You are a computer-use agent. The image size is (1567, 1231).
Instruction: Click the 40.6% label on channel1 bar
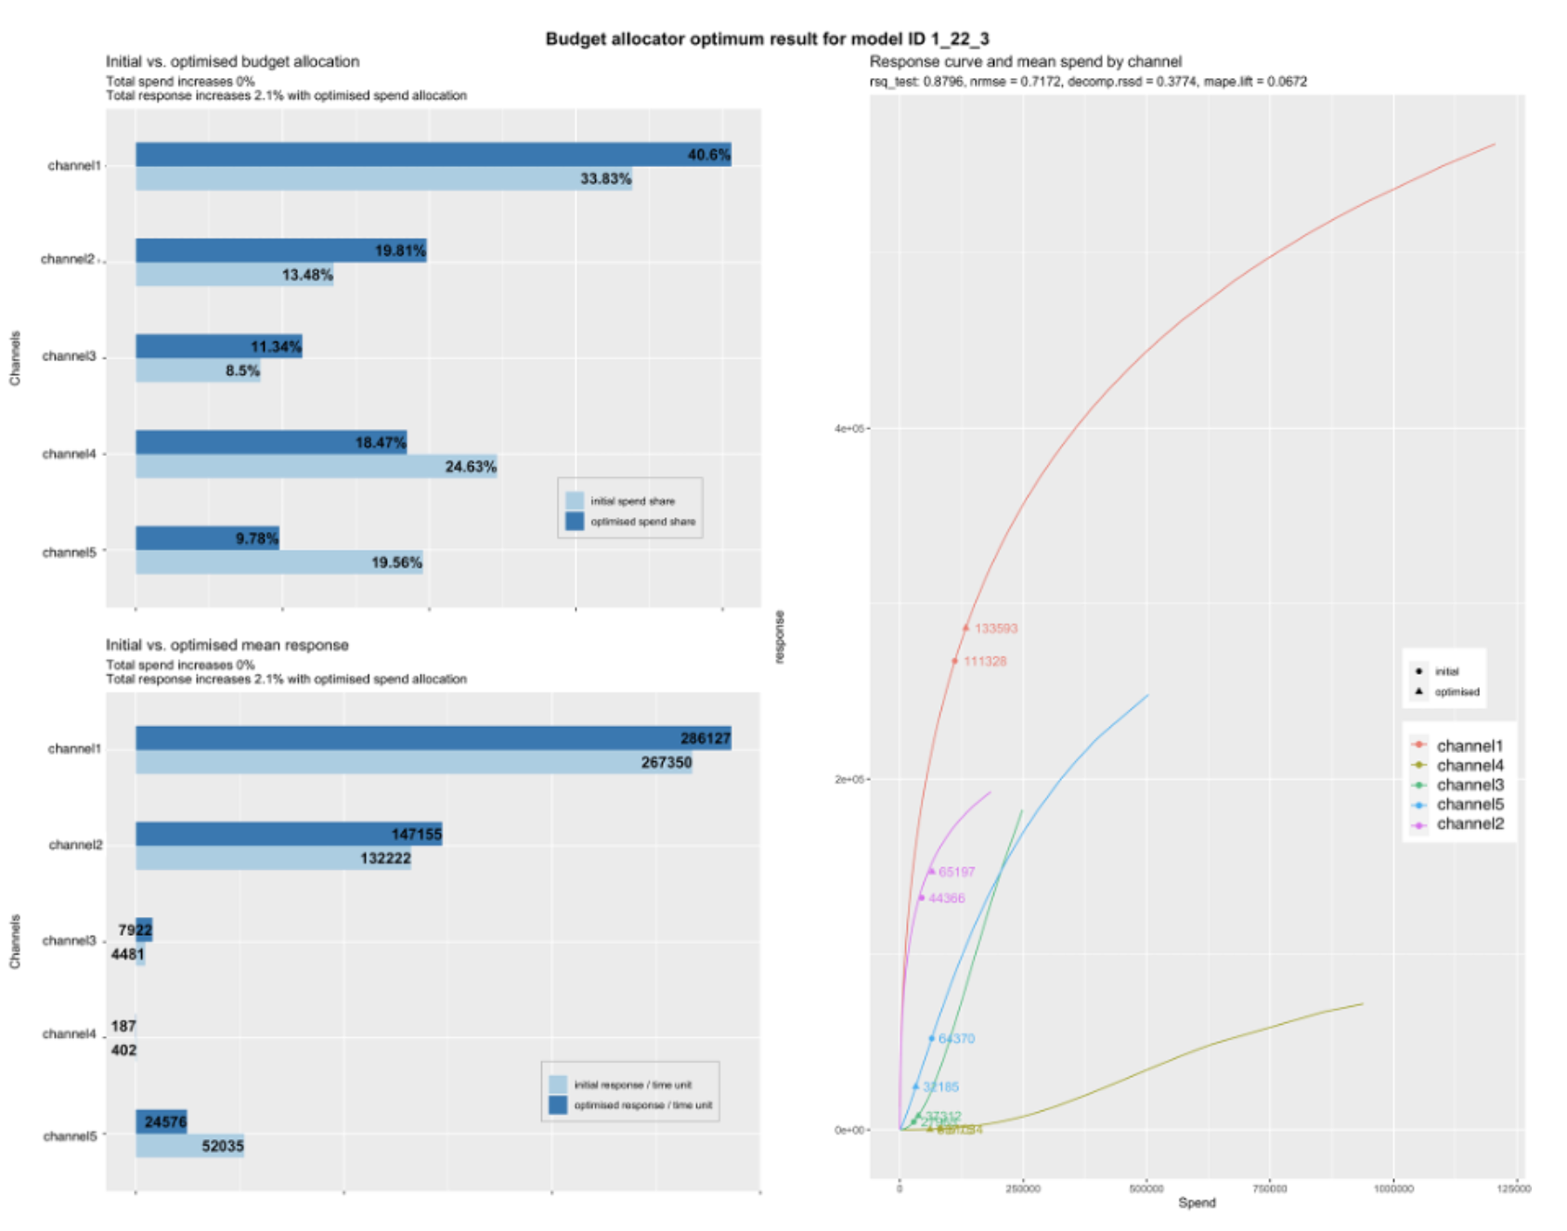click(708, 155)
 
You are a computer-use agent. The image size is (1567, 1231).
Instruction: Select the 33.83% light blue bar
click(383, 179)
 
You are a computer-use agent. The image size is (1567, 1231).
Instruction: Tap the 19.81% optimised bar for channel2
click(280, 251)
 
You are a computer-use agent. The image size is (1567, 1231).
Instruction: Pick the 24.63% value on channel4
click(470, 467)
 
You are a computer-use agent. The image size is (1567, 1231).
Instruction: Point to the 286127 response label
click(705, 739)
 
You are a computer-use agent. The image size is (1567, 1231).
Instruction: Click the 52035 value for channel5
click(223, 1147)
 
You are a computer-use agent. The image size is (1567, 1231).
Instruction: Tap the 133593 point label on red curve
click(995, 628)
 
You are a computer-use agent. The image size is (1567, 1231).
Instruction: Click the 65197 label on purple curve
click(956, 872)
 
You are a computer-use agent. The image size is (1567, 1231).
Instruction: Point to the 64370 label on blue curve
click(956, 1039)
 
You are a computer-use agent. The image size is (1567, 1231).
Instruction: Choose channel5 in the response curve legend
click(1470, 805)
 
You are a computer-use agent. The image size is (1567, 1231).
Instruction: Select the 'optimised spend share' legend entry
click(641, 522)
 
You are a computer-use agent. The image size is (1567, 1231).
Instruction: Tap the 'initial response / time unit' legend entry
click(631, 1084)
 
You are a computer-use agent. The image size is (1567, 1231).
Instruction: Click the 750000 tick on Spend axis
click(1269, 1188)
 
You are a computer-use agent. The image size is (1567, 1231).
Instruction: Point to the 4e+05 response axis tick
click(848, 429)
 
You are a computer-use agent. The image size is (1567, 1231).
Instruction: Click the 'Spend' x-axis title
click(1196, 1203)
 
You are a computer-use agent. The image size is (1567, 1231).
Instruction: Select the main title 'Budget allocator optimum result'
click(767, 39)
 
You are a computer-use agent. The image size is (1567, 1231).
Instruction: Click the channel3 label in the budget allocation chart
click(69, 356)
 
